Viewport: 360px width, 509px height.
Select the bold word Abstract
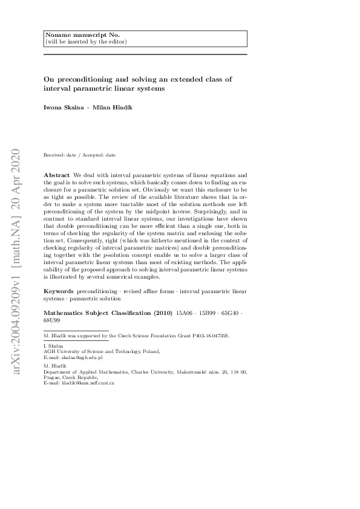[56, 174]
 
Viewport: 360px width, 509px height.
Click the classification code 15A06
[183, 313]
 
